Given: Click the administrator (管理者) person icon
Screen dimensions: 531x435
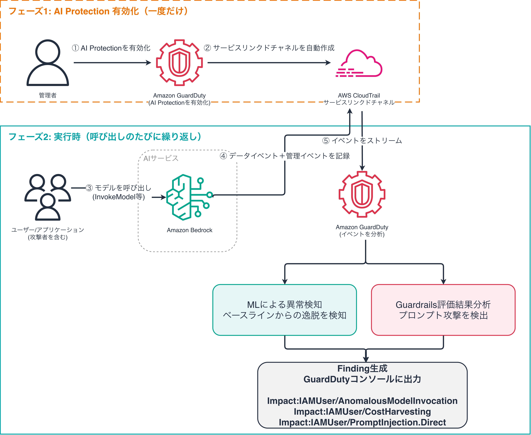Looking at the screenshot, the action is (x=48, y=63).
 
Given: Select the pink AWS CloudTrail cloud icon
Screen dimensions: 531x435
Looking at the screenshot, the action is (x=359, y=63).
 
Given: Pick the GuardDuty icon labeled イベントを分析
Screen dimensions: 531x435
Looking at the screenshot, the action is (x=362, y=194).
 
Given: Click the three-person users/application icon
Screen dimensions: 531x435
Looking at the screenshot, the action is (x=48, y=197).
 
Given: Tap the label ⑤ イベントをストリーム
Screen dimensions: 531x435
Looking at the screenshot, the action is (x=362, y=141).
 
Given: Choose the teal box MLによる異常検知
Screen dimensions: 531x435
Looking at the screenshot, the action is (x=285, y=310).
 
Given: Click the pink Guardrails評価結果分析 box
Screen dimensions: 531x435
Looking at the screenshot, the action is (x=443, y=310).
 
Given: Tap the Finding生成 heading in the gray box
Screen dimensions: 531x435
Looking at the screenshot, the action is (x=362, y=369).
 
